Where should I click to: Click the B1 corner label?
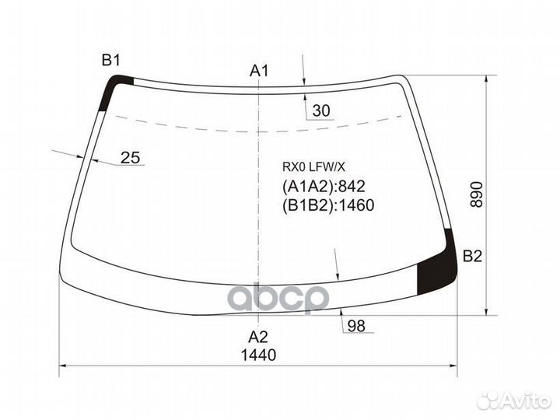click(111, 60)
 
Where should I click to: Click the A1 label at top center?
click(259, 71)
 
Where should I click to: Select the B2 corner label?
click(473, 257)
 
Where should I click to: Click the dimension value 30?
click(321, 112)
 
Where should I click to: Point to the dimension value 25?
click(131, 158)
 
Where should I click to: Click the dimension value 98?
click(356, 326)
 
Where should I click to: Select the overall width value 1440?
click(258, 355)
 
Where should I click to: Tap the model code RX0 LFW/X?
click(313, 165)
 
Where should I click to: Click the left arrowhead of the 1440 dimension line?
click(64, 365)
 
